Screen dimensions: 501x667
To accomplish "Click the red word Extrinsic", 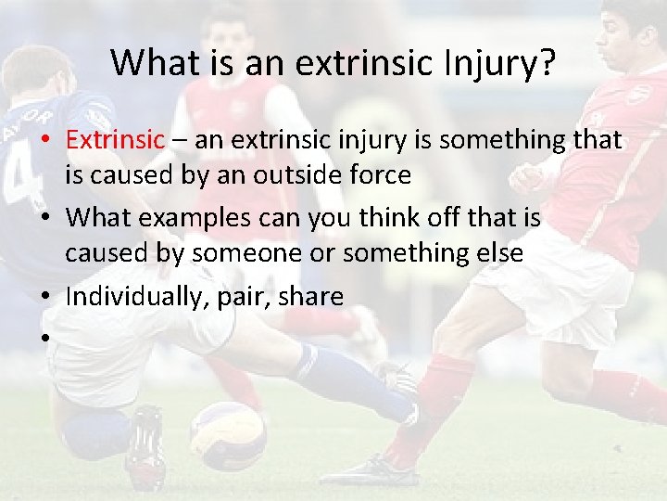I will pyautogui.click(x=115, y=141).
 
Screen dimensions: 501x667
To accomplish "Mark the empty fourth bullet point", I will pyautogui.click(x=44, y=339).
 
